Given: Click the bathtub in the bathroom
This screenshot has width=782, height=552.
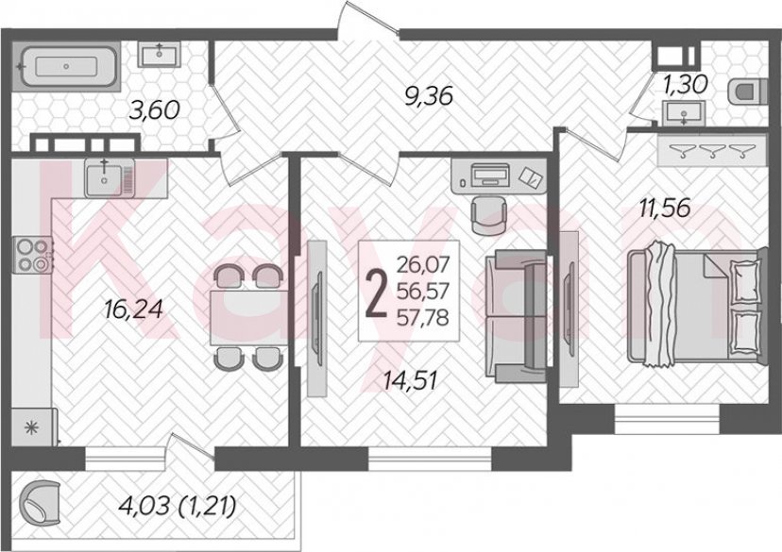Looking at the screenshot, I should (x=66, y=66).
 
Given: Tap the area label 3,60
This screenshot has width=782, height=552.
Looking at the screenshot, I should (x=155, y=111).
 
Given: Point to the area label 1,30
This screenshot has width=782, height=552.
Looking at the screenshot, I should (x=685, y=85).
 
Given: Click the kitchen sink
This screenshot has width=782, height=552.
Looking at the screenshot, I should (x=105, y=176).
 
